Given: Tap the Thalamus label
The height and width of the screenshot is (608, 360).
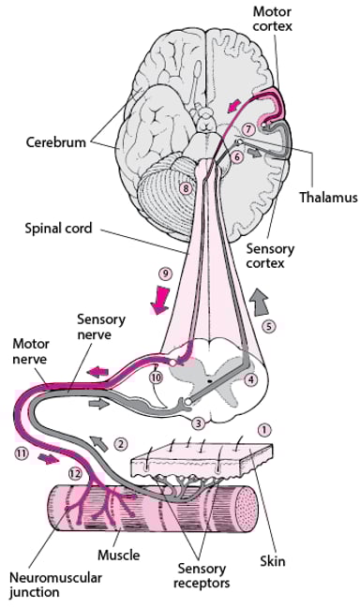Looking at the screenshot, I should click(x=322, y=198).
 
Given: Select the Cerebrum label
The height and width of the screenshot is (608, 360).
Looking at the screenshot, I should click(x=57, y=142).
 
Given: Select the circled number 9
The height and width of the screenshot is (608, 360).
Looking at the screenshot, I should click(x=164, y=274).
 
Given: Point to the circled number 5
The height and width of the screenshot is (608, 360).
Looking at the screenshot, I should click(x=268, y=327).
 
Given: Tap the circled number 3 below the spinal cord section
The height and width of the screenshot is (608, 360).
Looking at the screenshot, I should click(x=197, y=423).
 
